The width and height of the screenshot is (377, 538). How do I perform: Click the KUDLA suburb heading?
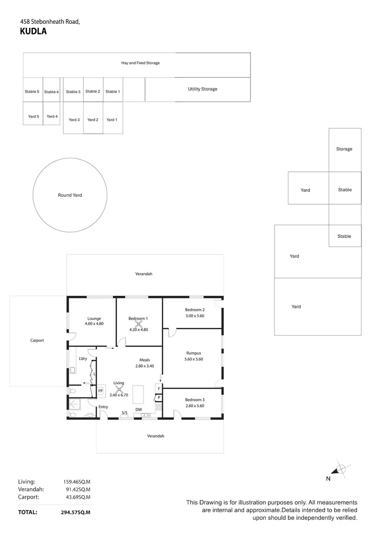click(x=33, y=31)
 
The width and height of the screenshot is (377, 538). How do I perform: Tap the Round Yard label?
click(x=70, y=195)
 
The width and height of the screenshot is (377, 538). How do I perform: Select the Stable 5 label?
click(x=32, y=92)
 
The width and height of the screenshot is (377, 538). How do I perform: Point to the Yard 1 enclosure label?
click(x=112, y=120)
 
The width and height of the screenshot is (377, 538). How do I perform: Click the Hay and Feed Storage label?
click(x=140, y=63)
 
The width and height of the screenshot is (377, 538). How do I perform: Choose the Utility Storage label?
click(x=202, y=89)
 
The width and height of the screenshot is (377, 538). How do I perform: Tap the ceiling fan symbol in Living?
click(x=119, y=391)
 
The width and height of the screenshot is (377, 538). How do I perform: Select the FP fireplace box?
click(x=100, y=391)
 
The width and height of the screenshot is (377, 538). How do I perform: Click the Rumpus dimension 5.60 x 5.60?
click(x=193, y=359)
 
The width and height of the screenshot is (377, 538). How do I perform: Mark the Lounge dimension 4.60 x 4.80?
click(x=94, y=324)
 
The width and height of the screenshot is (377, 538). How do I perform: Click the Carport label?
click(x=37, y=341)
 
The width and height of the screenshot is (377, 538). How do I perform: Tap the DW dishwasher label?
click(x=139, y=409)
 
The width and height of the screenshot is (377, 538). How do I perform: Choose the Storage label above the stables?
click(x=344, y=149)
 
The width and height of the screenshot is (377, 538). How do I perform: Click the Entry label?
click(x=103, y=407)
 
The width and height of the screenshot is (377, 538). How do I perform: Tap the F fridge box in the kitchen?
click(x=159, y=389)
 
